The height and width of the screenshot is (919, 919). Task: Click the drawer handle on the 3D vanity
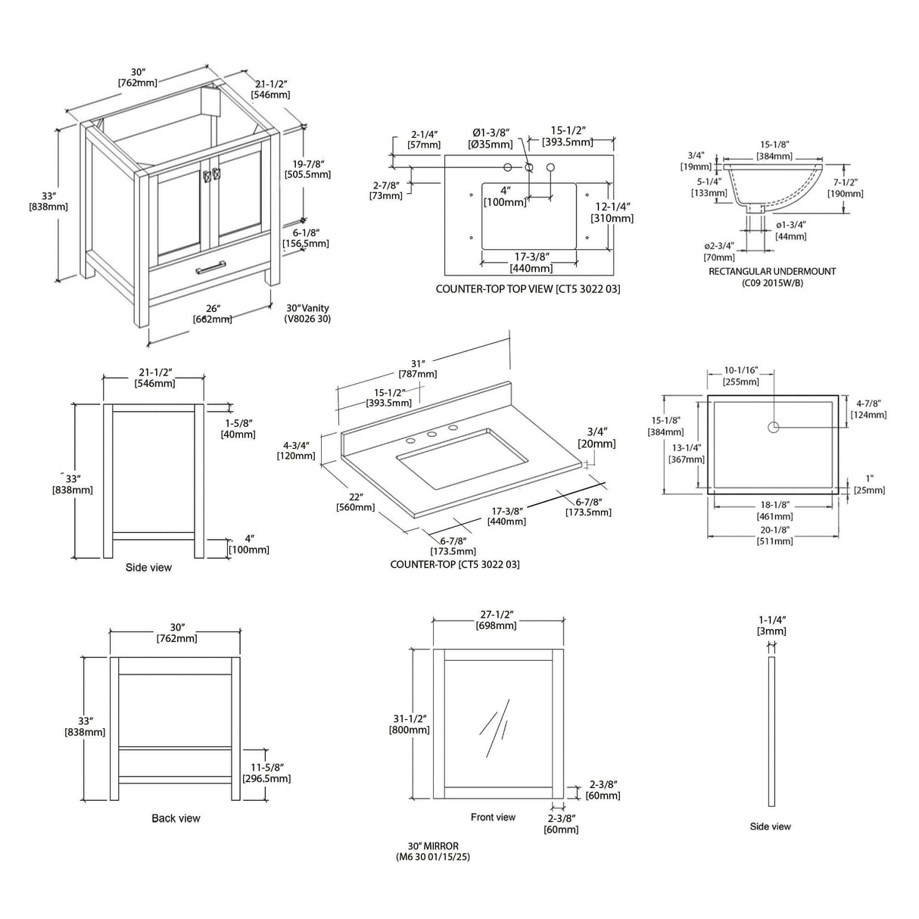tap(210, 266)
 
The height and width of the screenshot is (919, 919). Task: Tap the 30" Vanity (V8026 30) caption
tap(307, 313)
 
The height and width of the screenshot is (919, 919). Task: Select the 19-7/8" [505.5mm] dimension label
tap(307, 169)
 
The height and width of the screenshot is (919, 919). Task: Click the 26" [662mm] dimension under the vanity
tap(213, 313)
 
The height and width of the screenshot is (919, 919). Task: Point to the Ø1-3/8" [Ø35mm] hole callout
tap(491, 139)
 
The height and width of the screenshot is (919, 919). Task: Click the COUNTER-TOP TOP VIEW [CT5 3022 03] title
tap(528, 289)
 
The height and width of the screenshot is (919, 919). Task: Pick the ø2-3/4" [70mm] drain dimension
tap(719, 251)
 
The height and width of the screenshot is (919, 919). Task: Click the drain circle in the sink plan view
tap(773, 428)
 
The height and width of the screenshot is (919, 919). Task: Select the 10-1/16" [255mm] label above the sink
tap(740, 376)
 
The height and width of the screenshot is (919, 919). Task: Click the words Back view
tap(176, 818)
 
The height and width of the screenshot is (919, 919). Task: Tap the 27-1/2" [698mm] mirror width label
tap(497, 619)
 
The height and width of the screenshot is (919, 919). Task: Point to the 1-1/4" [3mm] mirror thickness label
tap(771, 625)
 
